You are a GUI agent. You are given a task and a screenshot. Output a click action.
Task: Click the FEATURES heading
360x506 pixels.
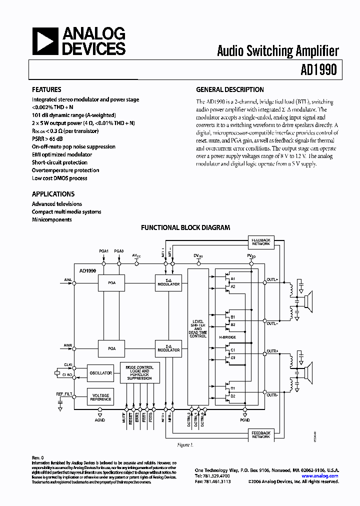coord(46,89)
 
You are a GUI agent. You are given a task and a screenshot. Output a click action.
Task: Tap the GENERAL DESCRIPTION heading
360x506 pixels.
coord(229,89)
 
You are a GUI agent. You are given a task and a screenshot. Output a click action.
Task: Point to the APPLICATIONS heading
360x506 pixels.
coord(53,194)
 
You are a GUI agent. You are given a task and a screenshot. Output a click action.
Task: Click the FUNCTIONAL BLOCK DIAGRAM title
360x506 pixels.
coord(185,227)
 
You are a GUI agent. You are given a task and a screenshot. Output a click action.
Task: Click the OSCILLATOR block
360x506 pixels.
coord(100,372)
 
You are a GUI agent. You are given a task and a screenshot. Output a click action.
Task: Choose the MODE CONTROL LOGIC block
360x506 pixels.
coord(139,373)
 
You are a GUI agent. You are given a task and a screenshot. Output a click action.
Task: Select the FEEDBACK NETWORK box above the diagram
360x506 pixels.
coord(261,242)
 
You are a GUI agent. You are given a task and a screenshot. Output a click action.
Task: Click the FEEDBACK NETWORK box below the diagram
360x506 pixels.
coord(261,434)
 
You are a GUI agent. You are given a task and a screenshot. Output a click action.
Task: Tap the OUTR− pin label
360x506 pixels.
coord(272,395)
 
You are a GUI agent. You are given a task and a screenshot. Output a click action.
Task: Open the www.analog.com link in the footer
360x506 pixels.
coord(321,476)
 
